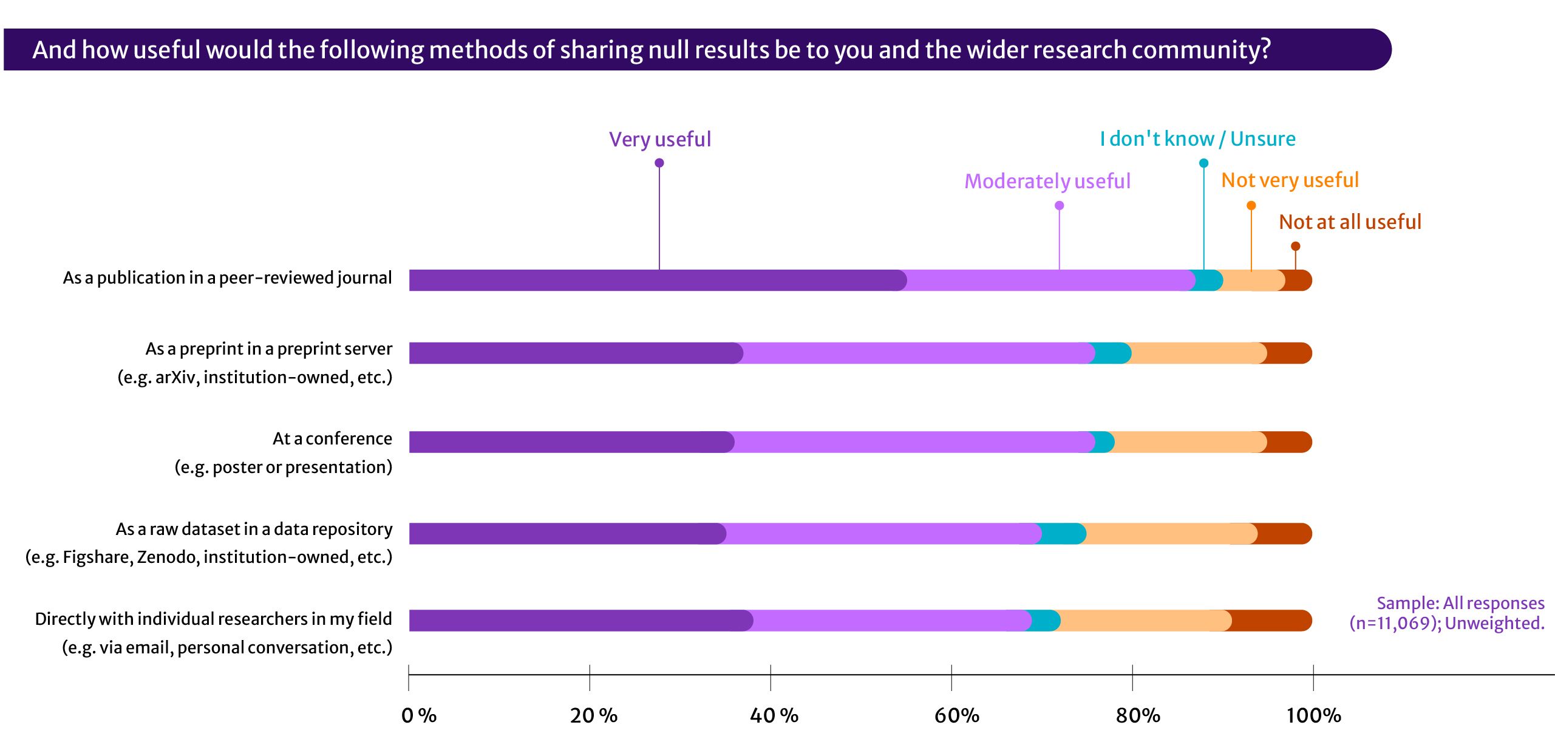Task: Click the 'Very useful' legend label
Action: click(x=659, y=140)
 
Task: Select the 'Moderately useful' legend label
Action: click(x=1047, y=182)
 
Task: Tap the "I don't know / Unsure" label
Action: click(x=1197, y=139)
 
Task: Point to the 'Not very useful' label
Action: click(x=1290, y=180)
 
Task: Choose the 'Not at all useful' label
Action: click(x=1350, y=222)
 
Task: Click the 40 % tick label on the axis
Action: click(x=774, y=715)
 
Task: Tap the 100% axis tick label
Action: click(x=1313, y=715)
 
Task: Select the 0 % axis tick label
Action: click(x=419, y=715)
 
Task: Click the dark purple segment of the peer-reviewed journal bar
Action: click(x=656, y=281)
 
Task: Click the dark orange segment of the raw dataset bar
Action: click(x=1284, y=534)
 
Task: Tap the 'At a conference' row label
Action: click(x=332, y=439)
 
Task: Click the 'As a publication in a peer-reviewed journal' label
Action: click(x=227, y=278)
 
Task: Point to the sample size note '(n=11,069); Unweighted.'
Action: click(x=1446, y=624)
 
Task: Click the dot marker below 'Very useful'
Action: click(x=659, y=163)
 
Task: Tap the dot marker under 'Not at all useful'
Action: click(x=1295, y=246)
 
